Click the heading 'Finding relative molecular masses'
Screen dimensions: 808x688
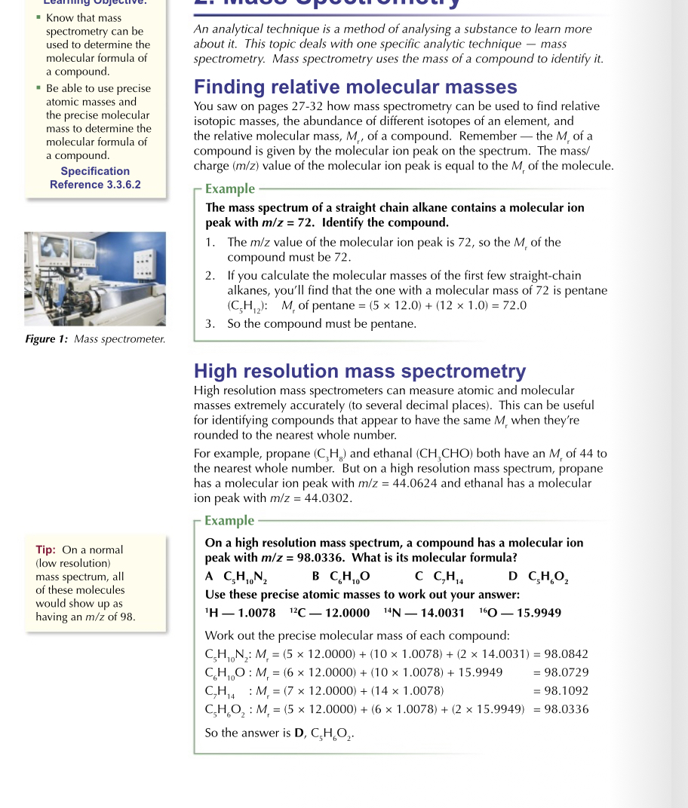[355, 87]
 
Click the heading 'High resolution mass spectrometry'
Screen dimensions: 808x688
[360, 371]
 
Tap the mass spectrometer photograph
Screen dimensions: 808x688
[95, 279]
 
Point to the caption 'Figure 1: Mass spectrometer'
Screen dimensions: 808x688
[95, 339]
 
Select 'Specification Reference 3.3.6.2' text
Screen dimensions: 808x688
[95, 178]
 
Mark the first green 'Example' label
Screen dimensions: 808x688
[230, 189]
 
